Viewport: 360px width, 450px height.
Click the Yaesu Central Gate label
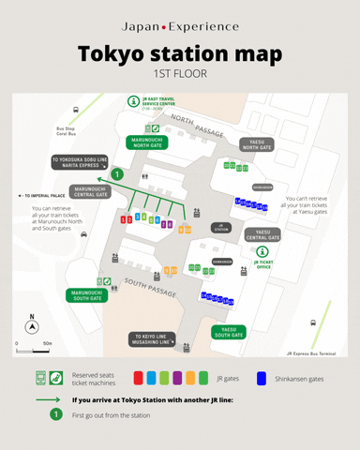[262, 234]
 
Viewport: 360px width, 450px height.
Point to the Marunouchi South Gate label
[85, 294]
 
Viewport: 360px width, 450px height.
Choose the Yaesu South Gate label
[229, 331]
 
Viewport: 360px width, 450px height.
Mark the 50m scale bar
[34, 350]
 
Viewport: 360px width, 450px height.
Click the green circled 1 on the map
[117, 173]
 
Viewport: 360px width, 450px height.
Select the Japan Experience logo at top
[180, 26]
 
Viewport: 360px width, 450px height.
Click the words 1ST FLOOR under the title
[179, 73]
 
